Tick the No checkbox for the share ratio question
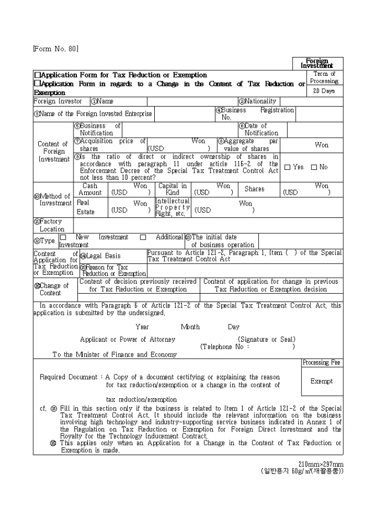click(x=314, y=167)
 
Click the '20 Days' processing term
click(x=324, y=91)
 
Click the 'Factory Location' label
click(x=49, y=225)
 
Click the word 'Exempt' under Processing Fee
click(x=322, y=381)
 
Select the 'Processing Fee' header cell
click(x=322, y=363)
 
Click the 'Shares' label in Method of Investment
click(x=254, y=189)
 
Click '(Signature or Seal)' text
click(x=267, y=339)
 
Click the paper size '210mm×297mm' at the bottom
click(x=321, y=463)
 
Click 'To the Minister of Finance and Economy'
click(x=114, y=354)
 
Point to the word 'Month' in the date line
click(x=190, y=327)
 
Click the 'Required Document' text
click(x=69, y=377)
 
